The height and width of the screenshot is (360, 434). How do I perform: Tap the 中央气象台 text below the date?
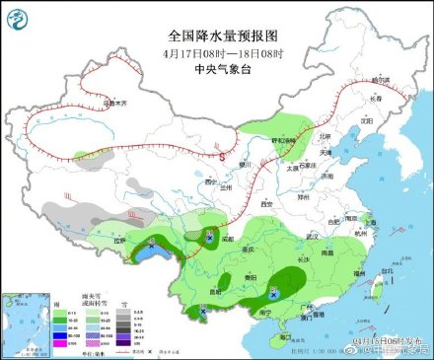point(216,69)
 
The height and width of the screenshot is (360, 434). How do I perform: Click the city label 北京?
point(326,135)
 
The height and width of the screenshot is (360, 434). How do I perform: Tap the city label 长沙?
point(302,257)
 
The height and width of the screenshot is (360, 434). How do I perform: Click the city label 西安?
point(265,203)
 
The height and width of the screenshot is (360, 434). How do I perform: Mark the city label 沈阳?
point(367,120)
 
